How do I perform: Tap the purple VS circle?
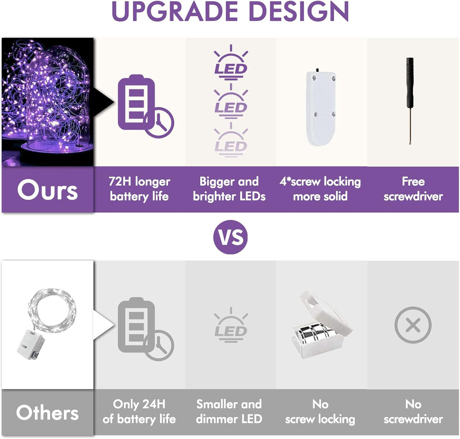230,237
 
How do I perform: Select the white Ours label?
47,189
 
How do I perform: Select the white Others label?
47,413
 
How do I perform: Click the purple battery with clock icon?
145,106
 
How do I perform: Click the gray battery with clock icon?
145,329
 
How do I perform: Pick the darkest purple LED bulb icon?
231,62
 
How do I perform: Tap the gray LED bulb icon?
231,325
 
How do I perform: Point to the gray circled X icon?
413,325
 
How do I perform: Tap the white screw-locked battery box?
321,107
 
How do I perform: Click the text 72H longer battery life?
139,189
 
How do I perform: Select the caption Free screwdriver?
413,189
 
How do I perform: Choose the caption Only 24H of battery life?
139,412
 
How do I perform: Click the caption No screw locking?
320,412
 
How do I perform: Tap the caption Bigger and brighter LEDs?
229,189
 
